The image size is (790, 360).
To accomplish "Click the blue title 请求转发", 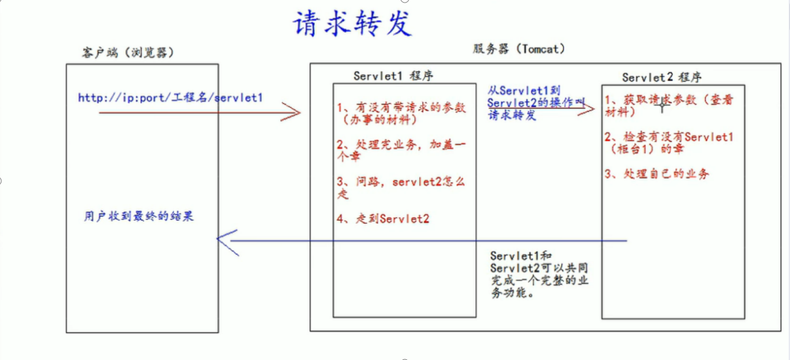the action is tap(351, 24).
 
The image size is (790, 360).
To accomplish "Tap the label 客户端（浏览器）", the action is tap(123, 52).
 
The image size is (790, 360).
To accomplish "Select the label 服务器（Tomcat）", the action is tap(518, 49).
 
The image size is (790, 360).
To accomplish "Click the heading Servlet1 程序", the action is tap(393, 75).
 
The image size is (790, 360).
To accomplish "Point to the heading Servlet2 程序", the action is tap(662, 77).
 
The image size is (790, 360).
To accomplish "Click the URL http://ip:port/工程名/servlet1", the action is tap(170, 98).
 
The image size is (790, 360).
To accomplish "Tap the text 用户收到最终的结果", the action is tap(139, 216).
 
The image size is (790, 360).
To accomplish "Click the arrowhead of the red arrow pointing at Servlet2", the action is tap(592, 109).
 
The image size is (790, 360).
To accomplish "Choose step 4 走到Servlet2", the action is tap(384, 219).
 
